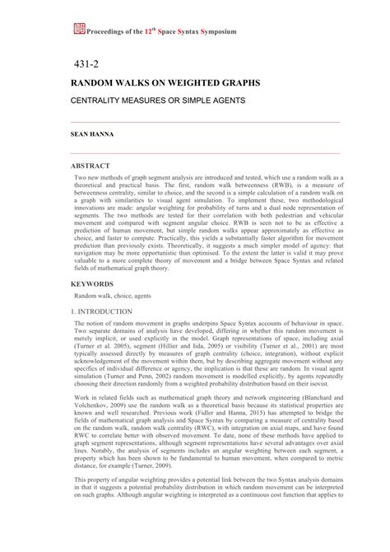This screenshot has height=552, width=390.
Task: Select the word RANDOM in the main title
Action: click(x=95, y=84)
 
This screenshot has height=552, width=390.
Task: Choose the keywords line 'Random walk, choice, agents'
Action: click(x=114, y=294)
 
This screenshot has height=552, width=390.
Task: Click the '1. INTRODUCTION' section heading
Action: click(x=103, y=311)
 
